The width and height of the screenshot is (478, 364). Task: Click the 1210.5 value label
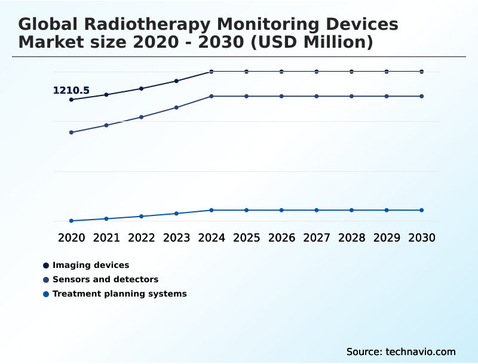coord(71,91)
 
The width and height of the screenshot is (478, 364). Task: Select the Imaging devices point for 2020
coord(71,100)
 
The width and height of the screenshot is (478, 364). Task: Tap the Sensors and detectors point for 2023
coord(176,107)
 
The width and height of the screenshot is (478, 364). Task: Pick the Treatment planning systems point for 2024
coord(212,210)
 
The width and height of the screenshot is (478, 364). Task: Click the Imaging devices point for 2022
coord(142,88)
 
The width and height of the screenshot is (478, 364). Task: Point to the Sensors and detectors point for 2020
coord(71,132)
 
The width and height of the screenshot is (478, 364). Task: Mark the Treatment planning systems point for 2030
coord(421,210)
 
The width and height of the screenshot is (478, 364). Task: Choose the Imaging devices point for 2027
coord(317,72)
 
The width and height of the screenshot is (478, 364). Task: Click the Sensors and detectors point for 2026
coord(281,96)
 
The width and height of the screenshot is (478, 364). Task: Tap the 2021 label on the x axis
coord(106,237)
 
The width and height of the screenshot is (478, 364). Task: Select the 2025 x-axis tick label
coord(246,237)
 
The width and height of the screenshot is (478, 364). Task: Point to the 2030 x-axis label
coord(421,237)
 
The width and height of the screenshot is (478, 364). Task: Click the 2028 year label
coord(351,237)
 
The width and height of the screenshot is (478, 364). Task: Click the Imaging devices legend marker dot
coord(46,266)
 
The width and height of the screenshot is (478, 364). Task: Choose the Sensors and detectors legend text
coord(105,279)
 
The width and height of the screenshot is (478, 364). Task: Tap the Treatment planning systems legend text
coord(119,294)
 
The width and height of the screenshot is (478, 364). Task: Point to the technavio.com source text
coord(420,351)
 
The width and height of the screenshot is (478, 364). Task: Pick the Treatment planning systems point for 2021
coord(106,219)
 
